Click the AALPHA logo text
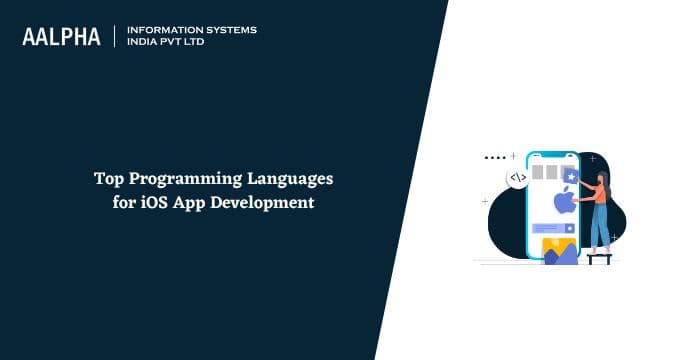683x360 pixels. [61, 37]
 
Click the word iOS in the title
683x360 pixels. [152, 203]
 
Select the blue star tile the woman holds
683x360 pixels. [571, 176]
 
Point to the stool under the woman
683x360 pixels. [599, 257]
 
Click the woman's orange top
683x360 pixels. [600, 195]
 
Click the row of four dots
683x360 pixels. [494, 158]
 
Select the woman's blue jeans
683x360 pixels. [599, 228]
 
